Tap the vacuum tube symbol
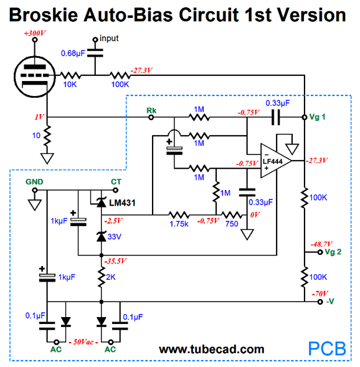[35, 77]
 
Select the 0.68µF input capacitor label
[73, 54]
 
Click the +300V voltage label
[35, 33]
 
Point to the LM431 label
[122, 203]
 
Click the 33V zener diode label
[115, 237]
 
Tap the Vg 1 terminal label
[317, 117]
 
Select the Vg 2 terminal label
[333, 252]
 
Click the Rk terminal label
[151, 110]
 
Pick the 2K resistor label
[111, 277]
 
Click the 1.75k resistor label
[179, 224]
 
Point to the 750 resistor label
[232, 224]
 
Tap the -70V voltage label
[320, 293]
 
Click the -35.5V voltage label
[115, 260]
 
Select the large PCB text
[327, 349]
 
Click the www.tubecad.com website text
[212, 349]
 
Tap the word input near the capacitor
[109, 38]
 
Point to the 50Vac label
[83, 342]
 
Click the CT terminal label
[116, 182]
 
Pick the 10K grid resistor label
[70, 85]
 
